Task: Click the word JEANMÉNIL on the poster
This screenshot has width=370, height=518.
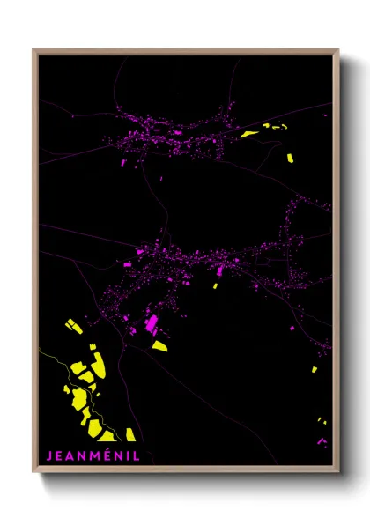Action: point(92,456)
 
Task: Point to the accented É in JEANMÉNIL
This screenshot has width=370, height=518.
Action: point(105,455)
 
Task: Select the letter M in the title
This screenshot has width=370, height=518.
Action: point(92,456)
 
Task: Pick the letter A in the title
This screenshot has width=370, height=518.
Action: point(71,456)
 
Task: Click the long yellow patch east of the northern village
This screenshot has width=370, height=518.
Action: point(250,135)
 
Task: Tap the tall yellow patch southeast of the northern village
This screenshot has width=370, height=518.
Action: point(290,159)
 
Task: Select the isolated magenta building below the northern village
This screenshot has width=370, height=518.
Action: point(122,162)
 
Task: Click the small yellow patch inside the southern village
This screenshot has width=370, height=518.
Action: point(215,285)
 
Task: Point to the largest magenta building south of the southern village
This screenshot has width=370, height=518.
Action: point(152,323)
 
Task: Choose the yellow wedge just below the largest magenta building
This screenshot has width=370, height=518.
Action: point(159,345)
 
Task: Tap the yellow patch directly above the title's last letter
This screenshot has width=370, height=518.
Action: point(130,434)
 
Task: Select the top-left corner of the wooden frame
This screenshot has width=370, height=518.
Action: point(33,50)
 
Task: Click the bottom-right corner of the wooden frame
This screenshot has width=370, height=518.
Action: point(338,472)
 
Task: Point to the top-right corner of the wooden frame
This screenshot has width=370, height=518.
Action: point(338,50)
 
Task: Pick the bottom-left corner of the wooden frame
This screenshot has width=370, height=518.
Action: point(33,472)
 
